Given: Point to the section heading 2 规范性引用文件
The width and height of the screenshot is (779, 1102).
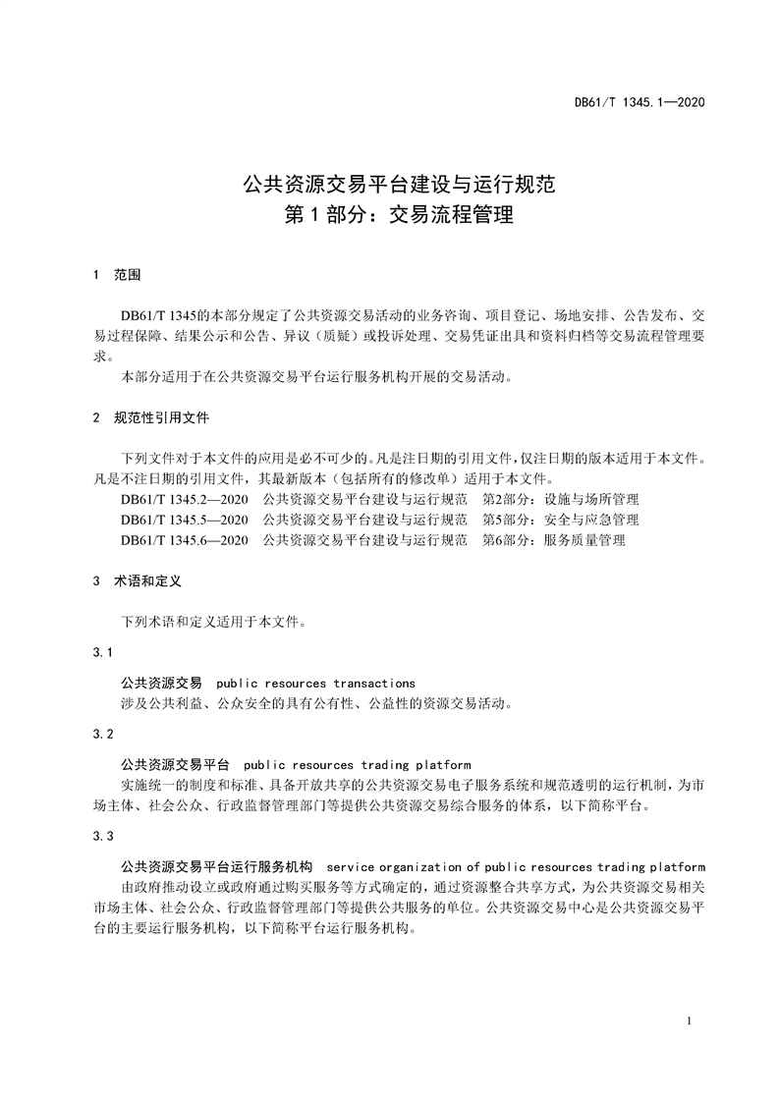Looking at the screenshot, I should [148, 417].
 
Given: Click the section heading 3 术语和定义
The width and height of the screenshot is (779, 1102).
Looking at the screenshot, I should [136, 580].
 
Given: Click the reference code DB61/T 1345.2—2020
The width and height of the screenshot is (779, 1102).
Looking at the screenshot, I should [185, 499].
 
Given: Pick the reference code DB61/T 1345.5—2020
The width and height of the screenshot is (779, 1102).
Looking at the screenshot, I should [185, 519].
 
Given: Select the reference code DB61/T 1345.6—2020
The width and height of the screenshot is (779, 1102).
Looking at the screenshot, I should [185, 539].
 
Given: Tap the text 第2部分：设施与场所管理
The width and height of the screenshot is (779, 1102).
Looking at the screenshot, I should [561, 499].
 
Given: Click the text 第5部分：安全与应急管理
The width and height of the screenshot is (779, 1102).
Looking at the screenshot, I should [561, 519].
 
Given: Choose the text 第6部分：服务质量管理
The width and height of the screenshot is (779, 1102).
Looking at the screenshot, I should [554, 539].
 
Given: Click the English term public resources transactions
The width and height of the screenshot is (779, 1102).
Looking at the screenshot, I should [315, 683].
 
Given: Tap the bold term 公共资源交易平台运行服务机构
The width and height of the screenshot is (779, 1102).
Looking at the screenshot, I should [216, 866].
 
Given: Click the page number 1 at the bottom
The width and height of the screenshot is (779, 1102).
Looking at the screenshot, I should [691, 1021].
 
